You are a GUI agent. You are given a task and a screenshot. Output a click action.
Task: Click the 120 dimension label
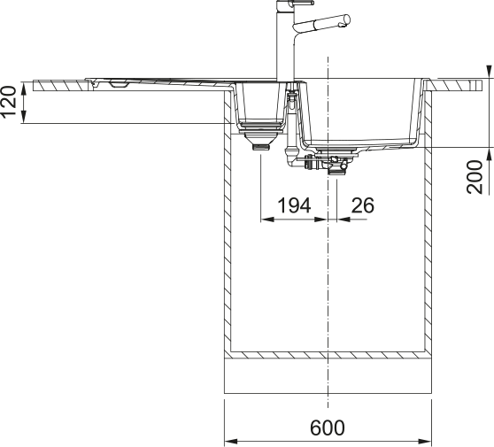coord(9,102)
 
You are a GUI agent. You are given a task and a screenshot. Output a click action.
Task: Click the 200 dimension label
coord(475,177)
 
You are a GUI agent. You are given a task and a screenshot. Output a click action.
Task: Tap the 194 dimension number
coord(294,205)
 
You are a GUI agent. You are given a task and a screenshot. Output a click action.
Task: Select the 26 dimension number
coord(363,205)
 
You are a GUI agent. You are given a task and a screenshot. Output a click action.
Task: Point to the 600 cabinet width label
coord(328,428)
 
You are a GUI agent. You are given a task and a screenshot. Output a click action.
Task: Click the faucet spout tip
coord(346,19)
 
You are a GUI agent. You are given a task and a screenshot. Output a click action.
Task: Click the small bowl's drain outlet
coord(261,147)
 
